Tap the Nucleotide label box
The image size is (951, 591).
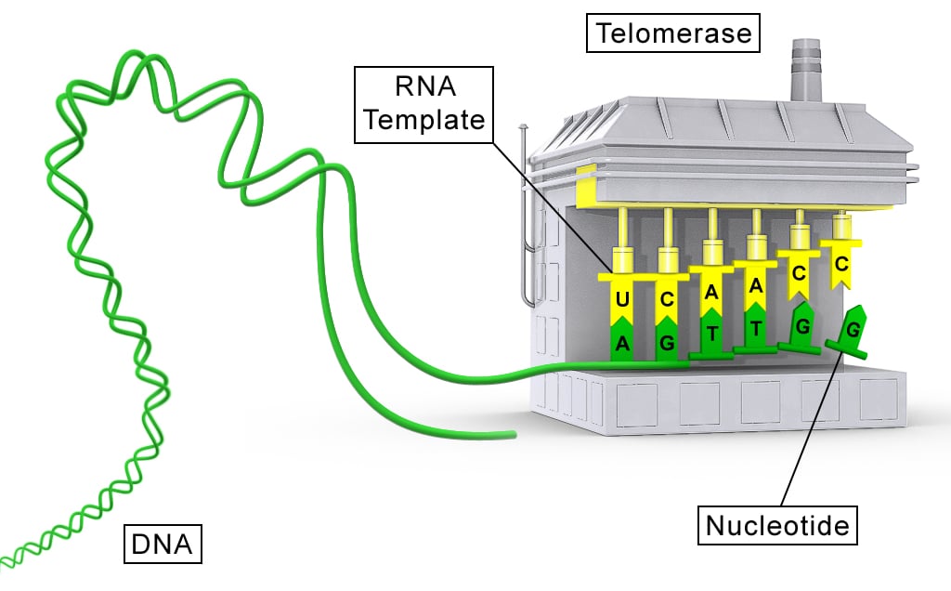pyautogui.click(x=777, y=526)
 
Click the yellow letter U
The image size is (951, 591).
pyautogui.click(x=622, y=300)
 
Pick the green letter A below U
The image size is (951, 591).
pyautogui.click(x=622, y=345)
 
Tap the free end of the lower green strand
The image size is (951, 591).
pyautogui.click(x=511, y=434)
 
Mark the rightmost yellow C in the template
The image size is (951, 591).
pyautogui.click(x=840, y=265)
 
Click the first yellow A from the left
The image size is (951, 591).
pyautogui.click(x=711, y=292)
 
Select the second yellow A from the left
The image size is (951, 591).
pyautogui.click(x=755, y=284)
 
